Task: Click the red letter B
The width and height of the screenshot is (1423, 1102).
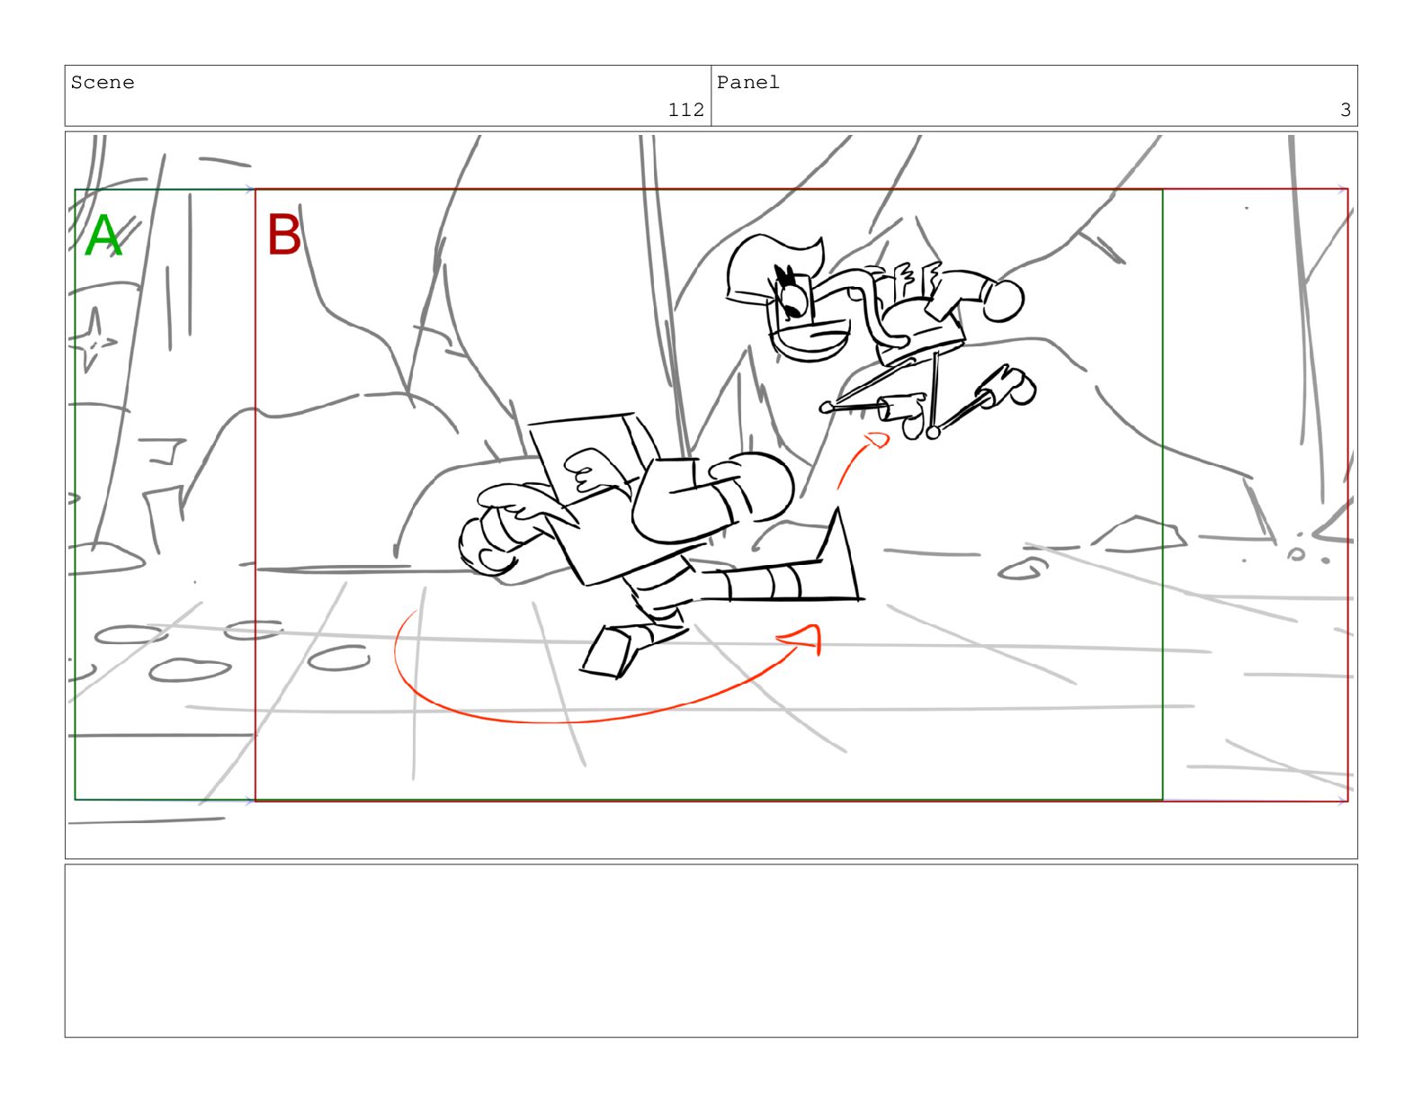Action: coord(283,234)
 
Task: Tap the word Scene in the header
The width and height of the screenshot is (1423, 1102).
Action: coord(103,83)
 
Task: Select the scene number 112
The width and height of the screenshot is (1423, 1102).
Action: coord(685,110)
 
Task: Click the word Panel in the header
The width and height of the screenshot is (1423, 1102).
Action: coord(747,83)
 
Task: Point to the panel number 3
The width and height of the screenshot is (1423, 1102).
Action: coord(1345,110)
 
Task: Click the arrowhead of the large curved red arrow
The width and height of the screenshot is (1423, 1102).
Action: coord(802,638)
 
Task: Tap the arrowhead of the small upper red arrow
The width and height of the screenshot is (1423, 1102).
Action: coord(876,439)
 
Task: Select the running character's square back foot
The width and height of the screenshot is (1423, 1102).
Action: coord(608,650)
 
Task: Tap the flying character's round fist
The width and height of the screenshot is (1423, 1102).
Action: coord(1003,300)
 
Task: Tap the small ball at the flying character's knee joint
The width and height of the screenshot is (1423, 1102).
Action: coord(933,432)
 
